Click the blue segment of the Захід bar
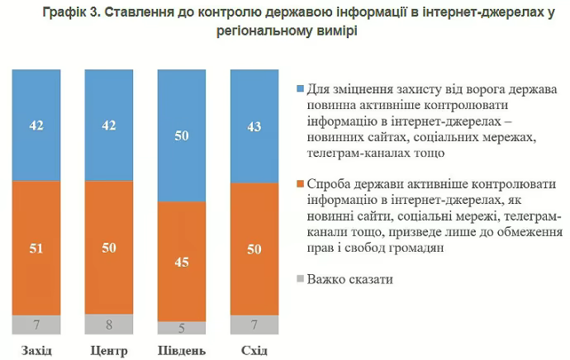coord(36,125)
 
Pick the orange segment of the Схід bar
coord(254,249)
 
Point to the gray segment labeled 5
coord(182,327)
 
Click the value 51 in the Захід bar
coord(36,249)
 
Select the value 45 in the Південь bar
coord(182,263)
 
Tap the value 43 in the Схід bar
coord(254,126)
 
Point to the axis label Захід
coord(36,351)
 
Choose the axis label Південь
coord(182,351)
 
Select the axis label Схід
coord(254,351)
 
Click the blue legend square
coord(300,88)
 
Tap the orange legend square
coord(300,182)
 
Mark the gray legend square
coord(300,278)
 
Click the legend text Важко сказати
coord(349,278)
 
